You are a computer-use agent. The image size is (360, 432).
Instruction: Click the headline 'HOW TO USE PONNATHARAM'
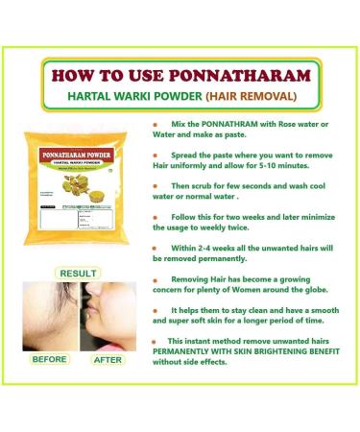180,75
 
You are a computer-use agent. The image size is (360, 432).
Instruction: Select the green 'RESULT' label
78,273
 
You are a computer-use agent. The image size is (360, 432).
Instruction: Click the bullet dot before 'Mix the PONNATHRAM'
156,125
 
